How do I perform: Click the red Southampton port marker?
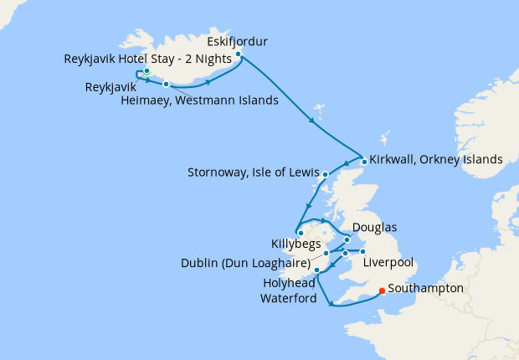tap(382, 291)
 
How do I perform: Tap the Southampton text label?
tap(426, 287)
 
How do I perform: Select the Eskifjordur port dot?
tap(239, 54)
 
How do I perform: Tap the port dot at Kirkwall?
tap(364, 162)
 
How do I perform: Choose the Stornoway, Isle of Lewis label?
tap(254, 174)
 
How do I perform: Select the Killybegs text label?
tap(295, 244)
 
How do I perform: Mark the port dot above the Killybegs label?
tap(300, 233)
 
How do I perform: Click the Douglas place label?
tap(374, 227)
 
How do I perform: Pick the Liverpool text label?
tap(390, 263)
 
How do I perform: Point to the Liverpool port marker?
tap(362, 251)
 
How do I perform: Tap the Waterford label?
tap(288, 297)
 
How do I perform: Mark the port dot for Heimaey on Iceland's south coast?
tap(167, 84)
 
